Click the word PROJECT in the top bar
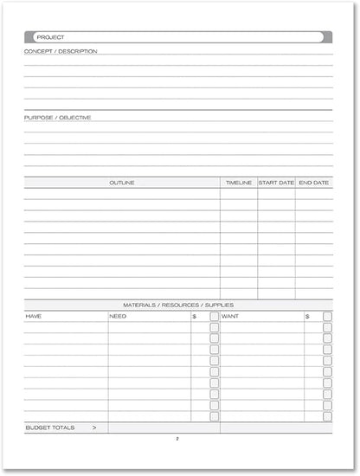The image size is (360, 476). tap(50, 38)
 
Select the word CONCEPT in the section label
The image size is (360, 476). tap(39, 51)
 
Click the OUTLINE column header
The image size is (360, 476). tap(122, 183)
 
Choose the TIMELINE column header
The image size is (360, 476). tap(239, 183)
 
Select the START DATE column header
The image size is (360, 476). tap(276, 183)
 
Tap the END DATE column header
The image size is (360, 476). tap(314, 183)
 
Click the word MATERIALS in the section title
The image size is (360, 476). tap(141, 306)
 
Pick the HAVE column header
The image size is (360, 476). tap(33, 317)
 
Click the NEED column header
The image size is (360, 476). tap(118, 317)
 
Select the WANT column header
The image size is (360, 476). tap(230, 317)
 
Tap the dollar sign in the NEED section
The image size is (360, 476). tap(194, 317)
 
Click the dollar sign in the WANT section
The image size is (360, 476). tap(307, 317)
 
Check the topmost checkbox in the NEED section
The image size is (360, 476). tap(215, 317)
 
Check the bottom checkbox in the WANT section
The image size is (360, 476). tap(327, 416)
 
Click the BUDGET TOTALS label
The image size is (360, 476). tap(50, 428)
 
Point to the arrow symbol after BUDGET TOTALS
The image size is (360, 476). tap(93, 428)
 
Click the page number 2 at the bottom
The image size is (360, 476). tap(177, 439)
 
